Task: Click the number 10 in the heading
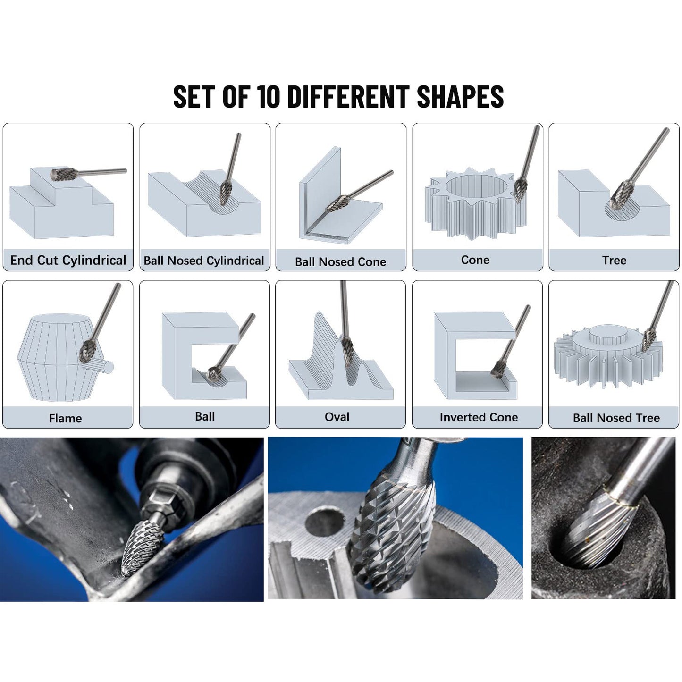tap(269, 97)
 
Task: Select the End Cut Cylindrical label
tap(68, 260)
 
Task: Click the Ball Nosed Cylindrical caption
tap(204, 261)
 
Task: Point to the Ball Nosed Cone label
tap(340, 261)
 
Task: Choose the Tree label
tap(614, 260)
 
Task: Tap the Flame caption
tap(66, 418)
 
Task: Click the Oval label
tap(337, 417)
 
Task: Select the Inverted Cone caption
tap(479, 417)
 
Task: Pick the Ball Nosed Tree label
tap(616, 418)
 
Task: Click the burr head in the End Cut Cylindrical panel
tap(60, 174)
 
